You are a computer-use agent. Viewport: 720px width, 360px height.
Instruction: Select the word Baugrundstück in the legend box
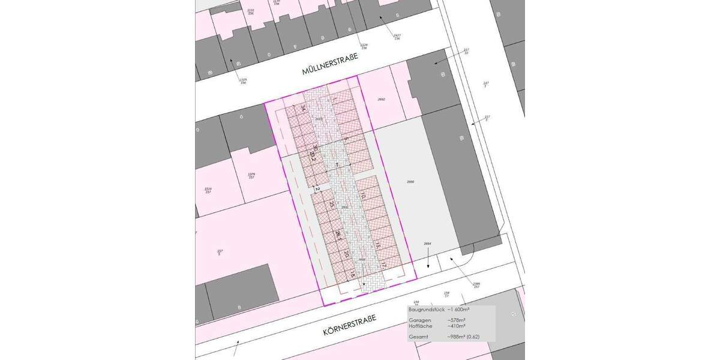pyautogui.click(x=426, y=309)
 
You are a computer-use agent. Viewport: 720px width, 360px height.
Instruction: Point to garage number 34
pyautogui.click(x=304, y=109)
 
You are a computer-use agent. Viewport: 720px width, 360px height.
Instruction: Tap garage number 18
pyautogui.click(x=353, y=274)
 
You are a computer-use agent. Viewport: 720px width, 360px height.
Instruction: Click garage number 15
pyautogui.click(x=378, y=245)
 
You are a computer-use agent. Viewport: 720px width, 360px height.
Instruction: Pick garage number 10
pyautogui.click(x=363, y=195)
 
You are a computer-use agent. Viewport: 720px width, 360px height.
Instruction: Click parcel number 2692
pyautogui.click(x=380, y=99)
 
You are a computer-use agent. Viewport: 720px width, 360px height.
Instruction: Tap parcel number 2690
pyautogui.click(x=410, y=181)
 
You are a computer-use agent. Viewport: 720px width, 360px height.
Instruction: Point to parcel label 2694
pyautogui.click(x=427, y=244)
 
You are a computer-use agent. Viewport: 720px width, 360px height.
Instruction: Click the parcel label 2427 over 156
pyautogui.click(x=397, y=37)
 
